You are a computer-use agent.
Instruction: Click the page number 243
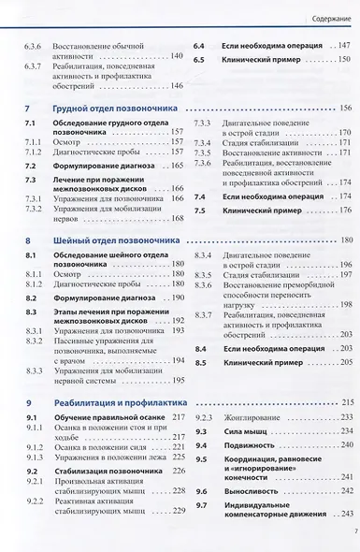click(345, 516)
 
